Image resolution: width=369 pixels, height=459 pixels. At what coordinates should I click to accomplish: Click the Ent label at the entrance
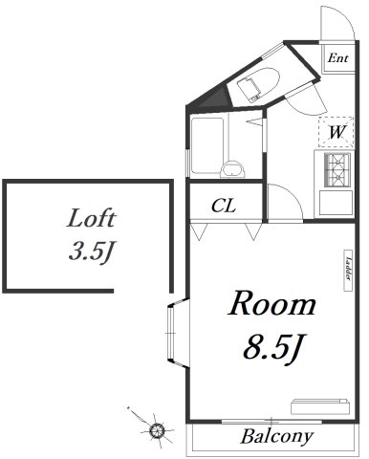pos(338,58)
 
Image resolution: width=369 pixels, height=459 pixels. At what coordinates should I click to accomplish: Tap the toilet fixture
pos(258,84)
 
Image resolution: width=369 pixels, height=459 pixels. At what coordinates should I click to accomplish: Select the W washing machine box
pos(336,132)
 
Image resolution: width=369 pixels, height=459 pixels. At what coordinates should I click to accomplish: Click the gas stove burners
pos(337,170)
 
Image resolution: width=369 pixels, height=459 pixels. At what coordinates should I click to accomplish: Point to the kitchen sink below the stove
pos(336,203)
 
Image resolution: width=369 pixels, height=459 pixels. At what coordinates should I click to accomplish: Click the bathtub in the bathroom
pos(207,145)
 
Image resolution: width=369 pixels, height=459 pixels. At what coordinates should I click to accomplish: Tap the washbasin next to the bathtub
pos(232,169)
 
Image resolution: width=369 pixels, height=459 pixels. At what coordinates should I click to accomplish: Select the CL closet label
pos(224,206)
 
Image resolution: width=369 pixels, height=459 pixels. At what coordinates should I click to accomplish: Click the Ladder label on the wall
pos(348,269)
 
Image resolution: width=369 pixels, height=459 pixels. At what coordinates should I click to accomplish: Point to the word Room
pos(271,304)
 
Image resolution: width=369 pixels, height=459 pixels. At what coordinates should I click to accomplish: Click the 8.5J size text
pos(272,347)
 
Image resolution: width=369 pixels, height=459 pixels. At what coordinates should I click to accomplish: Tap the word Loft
pos(91,218)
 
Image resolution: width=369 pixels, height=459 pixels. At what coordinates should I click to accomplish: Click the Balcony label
pos(276,436)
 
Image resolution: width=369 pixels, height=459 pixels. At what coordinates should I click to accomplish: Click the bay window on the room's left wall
pos(177,333)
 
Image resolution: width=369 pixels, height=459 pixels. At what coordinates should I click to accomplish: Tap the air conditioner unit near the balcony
pos(320,406)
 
